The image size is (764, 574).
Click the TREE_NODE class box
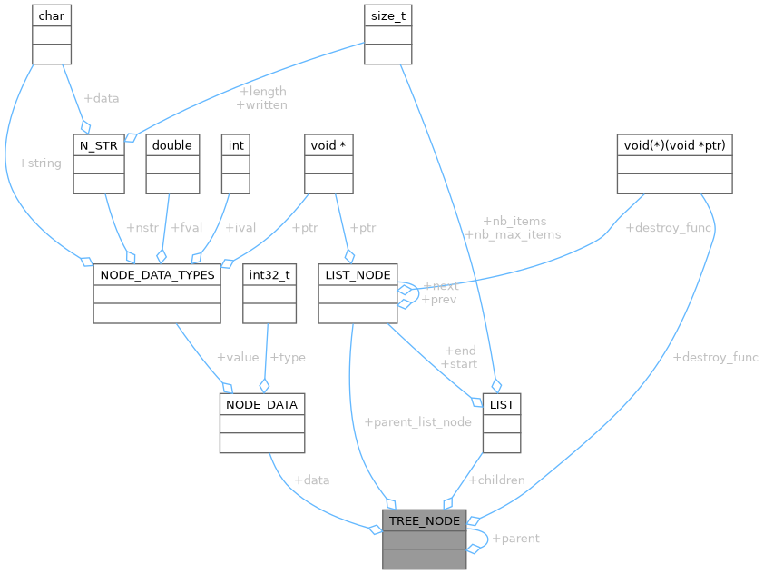[424, 539]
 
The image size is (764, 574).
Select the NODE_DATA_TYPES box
[157, 293]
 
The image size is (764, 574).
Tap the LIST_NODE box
[358, 293]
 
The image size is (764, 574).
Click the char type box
[52, 34]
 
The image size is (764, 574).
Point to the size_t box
[388, 34]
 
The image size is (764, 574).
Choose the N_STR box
[98, 163]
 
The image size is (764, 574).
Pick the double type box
[172, 163]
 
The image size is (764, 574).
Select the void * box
[328, 163]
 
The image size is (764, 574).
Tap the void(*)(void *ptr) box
[674, 163]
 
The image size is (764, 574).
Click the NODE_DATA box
[262, 423]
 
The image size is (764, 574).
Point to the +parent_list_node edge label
[417, 422]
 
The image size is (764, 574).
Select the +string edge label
[40, 163]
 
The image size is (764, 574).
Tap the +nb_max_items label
[513, 234]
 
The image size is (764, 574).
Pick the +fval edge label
[189, 228]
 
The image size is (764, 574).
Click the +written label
[261, 104]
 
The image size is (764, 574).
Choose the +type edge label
[289, 358]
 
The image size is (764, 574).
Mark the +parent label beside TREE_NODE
[515, 539]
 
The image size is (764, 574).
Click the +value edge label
[237, 358]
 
